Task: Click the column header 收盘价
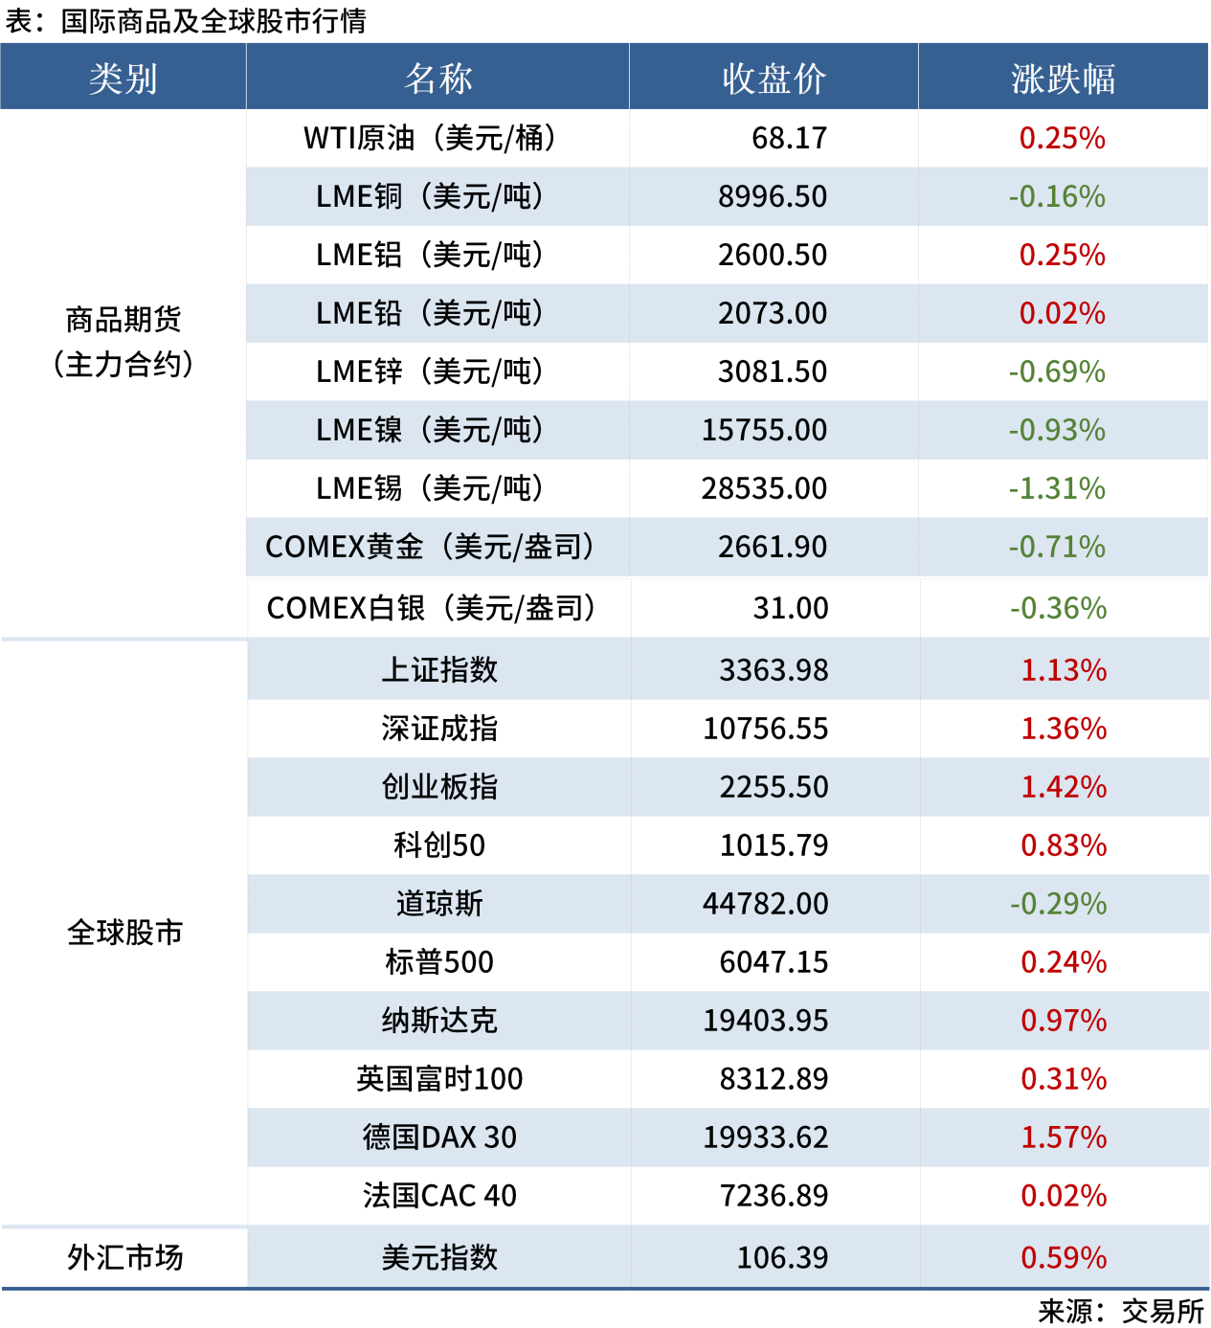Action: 774,79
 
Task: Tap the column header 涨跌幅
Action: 1063,79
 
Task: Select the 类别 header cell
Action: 123,79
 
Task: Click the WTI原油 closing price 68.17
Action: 789,138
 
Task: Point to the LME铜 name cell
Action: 430,196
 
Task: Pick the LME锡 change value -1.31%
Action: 1057,488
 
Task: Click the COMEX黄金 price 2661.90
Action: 773,547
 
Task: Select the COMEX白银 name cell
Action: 431,608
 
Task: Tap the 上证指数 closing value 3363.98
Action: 774,670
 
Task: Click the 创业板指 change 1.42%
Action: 1064,787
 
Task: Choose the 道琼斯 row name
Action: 439,904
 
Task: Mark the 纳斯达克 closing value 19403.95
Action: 766,1021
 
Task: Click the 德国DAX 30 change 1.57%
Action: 1064,1137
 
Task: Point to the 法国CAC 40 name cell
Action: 439,1196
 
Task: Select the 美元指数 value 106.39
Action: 782,1257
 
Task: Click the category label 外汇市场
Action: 124,1257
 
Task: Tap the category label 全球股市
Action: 124,932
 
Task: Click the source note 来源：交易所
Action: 1120,1311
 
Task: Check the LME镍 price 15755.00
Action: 764,430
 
